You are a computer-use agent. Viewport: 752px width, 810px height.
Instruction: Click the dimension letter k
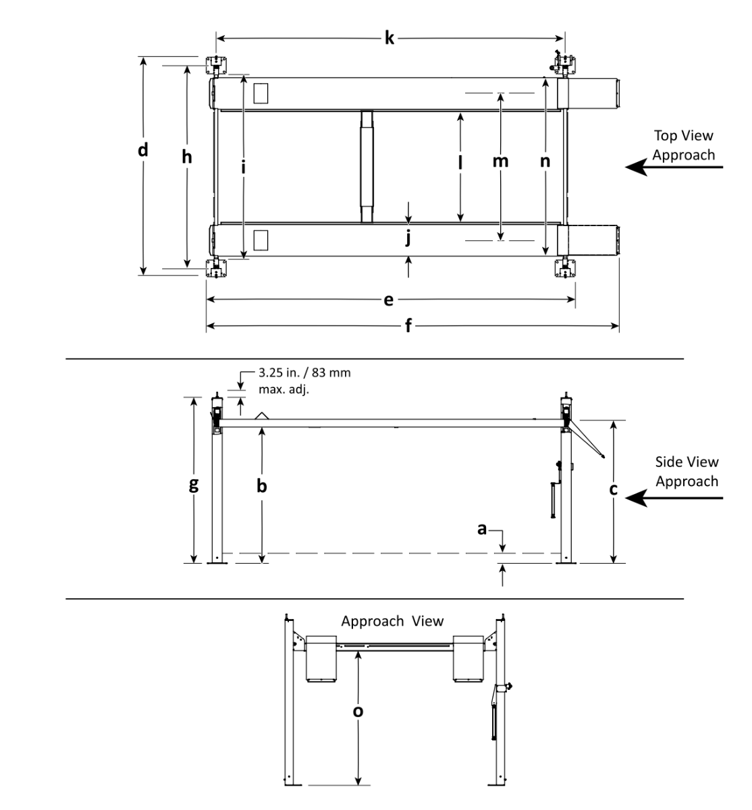[390, 38]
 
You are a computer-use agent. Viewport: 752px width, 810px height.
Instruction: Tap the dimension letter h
[187, 157]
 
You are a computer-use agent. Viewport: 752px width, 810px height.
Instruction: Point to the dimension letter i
[243, 166]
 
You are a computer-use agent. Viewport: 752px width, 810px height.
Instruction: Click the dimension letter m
[500, 161]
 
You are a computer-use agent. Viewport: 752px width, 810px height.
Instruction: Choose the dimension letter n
[545, 161]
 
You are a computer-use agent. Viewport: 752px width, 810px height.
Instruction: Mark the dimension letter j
[408, 238]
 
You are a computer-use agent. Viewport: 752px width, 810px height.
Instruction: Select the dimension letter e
[388, 300]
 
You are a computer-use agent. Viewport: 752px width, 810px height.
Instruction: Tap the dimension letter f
[408, 327]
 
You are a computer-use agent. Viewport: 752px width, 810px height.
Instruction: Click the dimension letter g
[194, 485]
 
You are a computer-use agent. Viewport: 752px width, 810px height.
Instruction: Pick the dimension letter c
[613, 489]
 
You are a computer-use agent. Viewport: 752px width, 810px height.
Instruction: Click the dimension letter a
[482, 530]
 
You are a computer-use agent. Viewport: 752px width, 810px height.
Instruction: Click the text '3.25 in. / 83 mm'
[304, 373]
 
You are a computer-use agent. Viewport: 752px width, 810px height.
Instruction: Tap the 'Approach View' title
[392, 621]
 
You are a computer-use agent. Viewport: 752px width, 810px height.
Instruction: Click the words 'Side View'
[687, 462]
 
